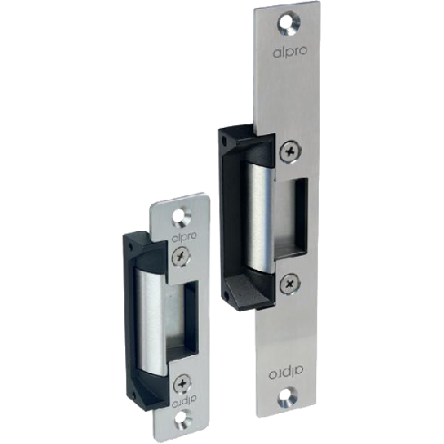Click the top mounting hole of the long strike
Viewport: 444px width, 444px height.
[x=289, y=23]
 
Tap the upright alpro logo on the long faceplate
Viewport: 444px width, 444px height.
[x=286, y=52]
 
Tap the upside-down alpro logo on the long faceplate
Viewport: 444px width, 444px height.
[x=286, y=373]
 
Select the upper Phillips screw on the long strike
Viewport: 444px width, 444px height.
[x=291, y=152]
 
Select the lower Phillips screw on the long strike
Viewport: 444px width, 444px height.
[x=290, y=284]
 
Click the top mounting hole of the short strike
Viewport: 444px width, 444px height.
[x=182, y=218]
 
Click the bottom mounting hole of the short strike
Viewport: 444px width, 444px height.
[x=183, y=419]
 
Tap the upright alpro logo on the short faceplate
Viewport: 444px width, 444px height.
[x=184, y=238]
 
